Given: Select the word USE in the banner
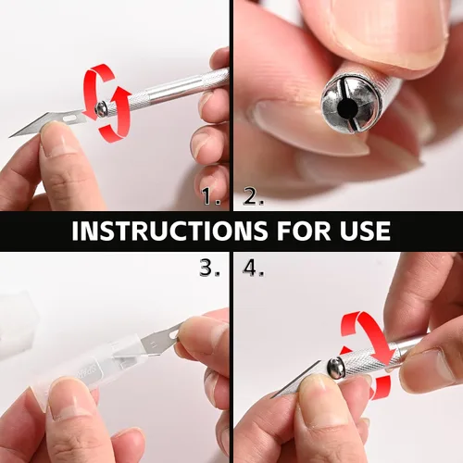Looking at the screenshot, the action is (x=365, y=231).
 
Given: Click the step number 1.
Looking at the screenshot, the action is (x=211, y=196).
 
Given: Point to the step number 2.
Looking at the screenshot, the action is (x=253, y=196).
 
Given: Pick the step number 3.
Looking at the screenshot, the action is (x=209, y=268).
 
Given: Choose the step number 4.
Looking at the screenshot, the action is (x=253, y=268).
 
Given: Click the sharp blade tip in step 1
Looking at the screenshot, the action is (x=10, y=137).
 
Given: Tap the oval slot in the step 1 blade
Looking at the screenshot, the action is (x=70, y=119).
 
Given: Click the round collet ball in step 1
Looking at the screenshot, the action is (x=101, y=109).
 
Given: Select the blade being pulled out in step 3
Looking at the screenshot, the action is (x=160, y=341).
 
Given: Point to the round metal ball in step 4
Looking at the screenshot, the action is (x=335, y=368).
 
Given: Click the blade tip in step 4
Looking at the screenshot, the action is (x=272, y=397).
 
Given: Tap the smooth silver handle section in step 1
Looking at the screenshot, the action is (x=176, y=89).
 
